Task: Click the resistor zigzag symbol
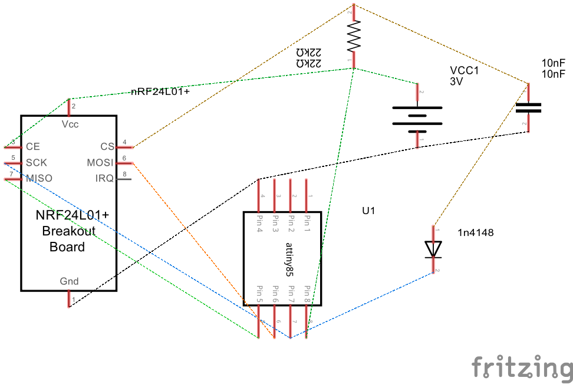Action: tap(353, 37)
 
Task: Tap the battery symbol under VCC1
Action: tap(417, 116)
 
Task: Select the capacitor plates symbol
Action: tap(528, 108)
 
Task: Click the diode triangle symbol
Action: tap(434, 249)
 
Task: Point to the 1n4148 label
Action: tap(475, 233)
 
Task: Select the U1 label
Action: tap(369, 210)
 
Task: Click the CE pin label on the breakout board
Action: tap(33, 146)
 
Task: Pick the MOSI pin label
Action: tap(100, 162)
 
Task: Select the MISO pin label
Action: tap(38, 178)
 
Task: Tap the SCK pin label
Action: tap(36, 162)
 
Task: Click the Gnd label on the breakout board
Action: tap(69, 281)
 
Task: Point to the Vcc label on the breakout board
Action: tap(70, 124)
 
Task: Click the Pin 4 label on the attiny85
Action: tap(259, 224)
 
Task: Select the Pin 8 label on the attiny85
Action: tap(307, 294)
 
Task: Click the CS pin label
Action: tap(107, 146)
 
